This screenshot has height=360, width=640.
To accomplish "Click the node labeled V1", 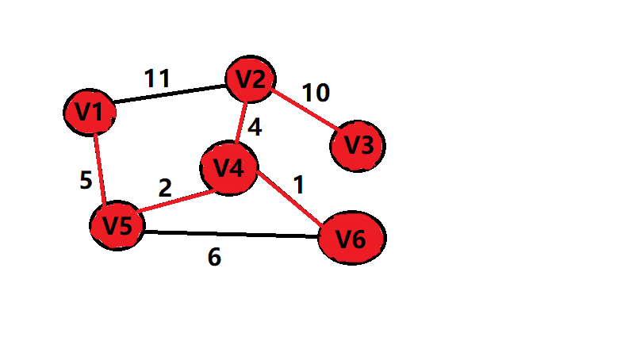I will tap(90, 113).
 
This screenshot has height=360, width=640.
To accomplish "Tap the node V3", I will tap(358, 145).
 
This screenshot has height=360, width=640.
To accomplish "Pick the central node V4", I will tap(228, 168).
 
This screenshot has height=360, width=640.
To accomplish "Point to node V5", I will tap(117, 225).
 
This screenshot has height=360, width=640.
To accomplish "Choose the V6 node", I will tap(351, 238).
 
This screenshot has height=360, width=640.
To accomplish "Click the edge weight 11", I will tap(158, 79).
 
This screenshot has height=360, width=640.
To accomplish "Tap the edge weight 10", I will tap(316, 93).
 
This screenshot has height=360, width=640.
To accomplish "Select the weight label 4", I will tap(255, 127).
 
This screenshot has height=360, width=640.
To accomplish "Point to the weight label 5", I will tap(86, 181).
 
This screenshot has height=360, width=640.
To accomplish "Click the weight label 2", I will tap(165, 188).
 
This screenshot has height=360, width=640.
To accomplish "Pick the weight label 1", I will tap(298, 185).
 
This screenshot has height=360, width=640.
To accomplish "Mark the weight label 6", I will tap(214, 257).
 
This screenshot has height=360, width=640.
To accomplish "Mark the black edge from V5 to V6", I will tap(230, 234).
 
